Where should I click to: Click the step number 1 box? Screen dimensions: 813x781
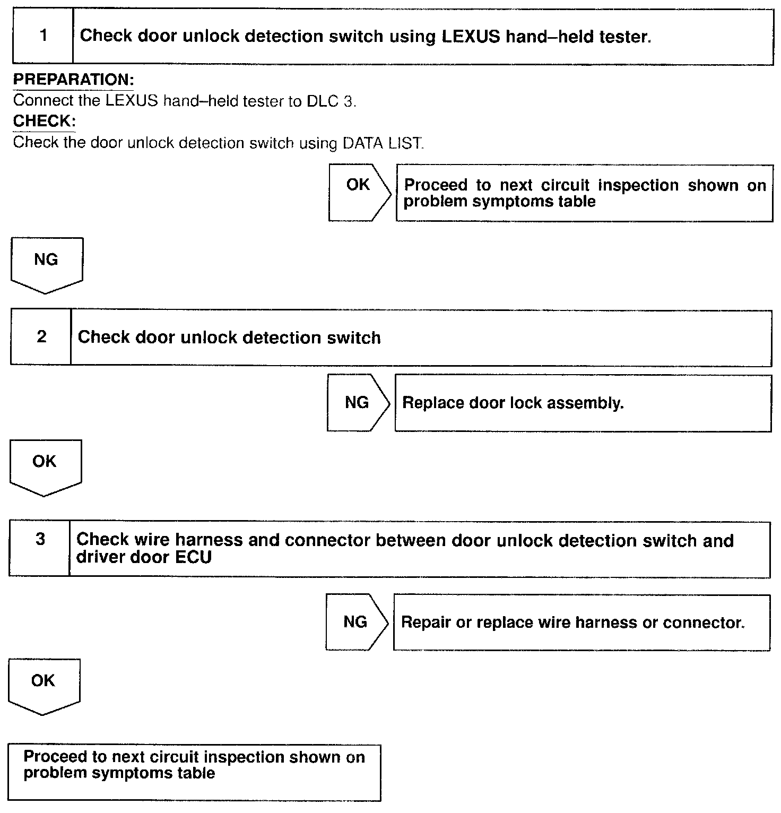43,36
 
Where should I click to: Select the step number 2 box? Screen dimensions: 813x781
41,337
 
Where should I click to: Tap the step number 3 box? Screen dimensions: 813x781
40,548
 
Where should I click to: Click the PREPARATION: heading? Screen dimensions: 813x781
73,80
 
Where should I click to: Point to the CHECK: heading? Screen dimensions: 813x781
45,121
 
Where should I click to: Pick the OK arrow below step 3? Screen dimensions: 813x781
44,685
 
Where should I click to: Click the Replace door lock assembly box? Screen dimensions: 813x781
583,403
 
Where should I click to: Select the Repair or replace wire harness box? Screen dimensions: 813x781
581,622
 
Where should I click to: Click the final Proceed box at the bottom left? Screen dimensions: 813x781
194,772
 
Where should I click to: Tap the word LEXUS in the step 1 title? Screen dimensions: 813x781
470,36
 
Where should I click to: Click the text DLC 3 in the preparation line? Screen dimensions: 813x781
330,101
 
